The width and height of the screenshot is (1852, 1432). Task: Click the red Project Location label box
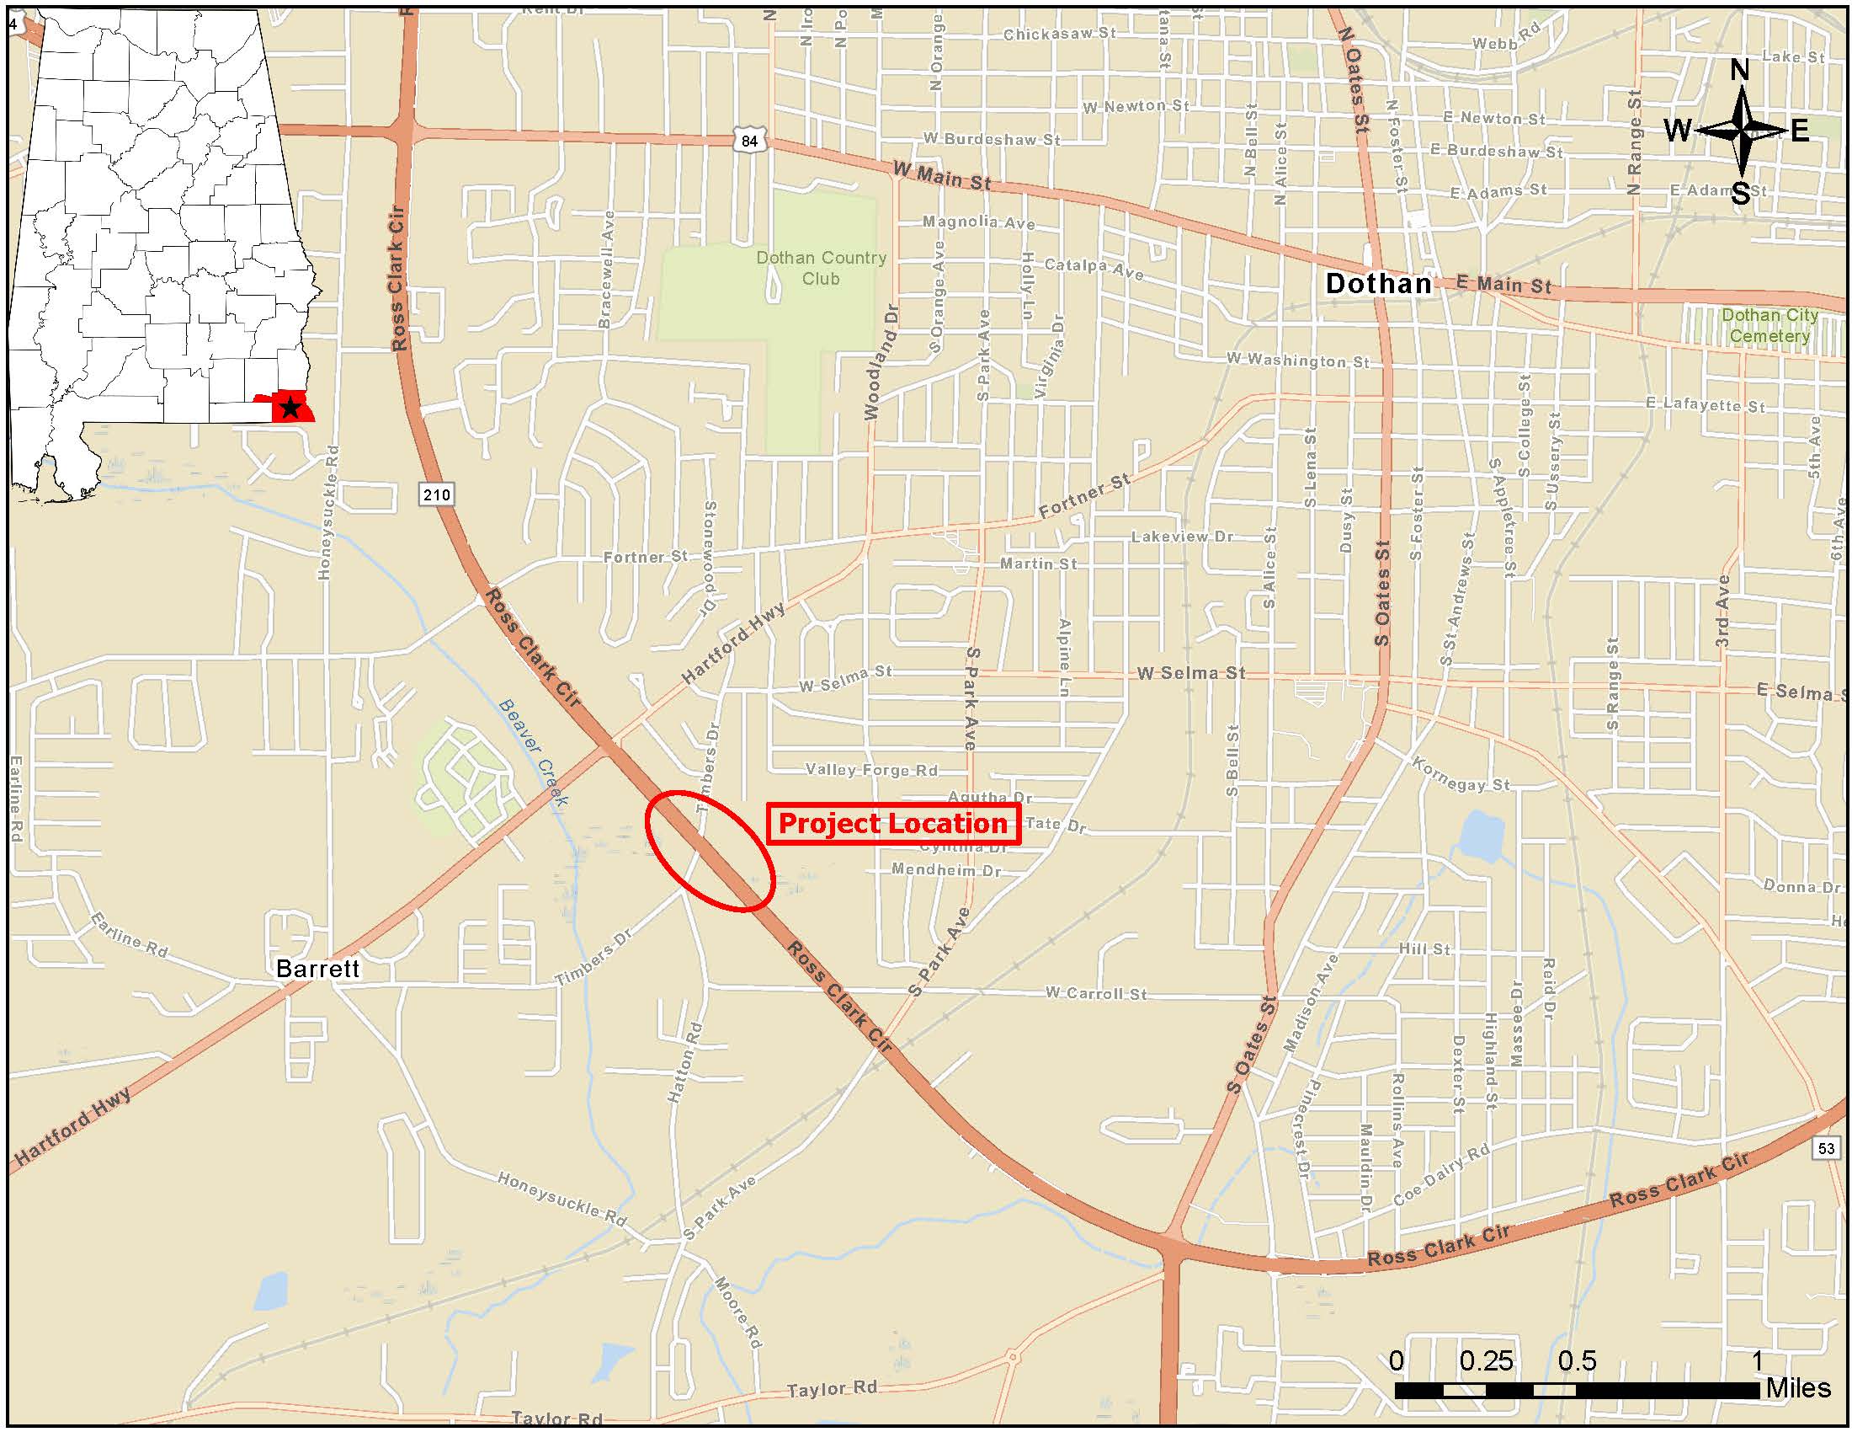tap(893, 824)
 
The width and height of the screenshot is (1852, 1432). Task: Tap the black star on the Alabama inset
tap(290, 408)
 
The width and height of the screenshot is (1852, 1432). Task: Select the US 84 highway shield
tap(749, 141)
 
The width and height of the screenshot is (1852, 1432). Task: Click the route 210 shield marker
tap(436, 494)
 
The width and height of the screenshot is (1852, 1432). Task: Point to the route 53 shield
tap(1826, 1149)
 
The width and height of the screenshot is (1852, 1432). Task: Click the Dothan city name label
tap(1378, 283)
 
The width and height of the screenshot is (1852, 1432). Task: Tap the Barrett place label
tap(318, 969)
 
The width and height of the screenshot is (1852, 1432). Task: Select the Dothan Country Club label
tap(821, 268)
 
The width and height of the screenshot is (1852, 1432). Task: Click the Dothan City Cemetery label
tap(1769, 326)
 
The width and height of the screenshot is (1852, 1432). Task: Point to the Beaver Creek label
tap(534, 751)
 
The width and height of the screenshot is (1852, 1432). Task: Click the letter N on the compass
tap(1739, 70)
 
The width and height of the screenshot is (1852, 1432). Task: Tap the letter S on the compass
tap(1740, 195)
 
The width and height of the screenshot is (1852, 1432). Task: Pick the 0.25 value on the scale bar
tap(1486, 1361)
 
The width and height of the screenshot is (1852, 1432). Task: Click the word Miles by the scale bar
tap(1798, 1389)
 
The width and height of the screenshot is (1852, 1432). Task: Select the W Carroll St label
tap(1095, 992)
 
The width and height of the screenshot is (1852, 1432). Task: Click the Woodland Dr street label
tap(881, 362)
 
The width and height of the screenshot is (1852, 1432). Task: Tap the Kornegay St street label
tap(1461, 774)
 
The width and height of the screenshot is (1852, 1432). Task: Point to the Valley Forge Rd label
tap(872, 770)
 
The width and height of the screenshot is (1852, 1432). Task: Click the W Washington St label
tap(1297, 361)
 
